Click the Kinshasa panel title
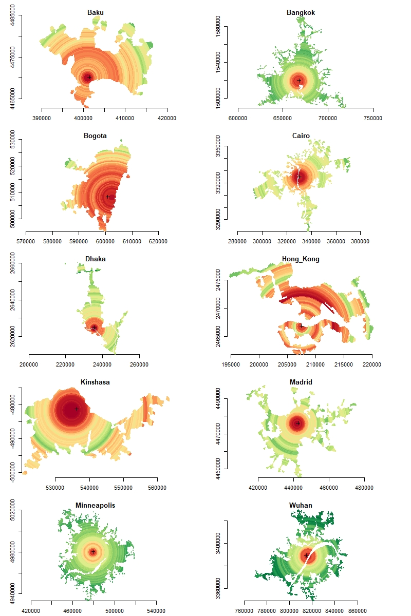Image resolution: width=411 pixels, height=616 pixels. click(x=95, y=382)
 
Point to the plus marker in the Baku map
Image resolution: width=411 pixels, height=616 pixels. click(x=89, y=78)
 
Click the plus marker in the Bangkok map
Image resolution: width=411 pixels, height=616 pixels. click(x=299, y=81)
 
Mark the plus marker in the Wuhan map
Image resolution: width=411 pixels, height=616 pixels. click(x=307, y=555)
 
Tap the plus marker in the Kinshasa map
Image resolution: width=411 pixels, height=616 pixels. click(x=77, y=409)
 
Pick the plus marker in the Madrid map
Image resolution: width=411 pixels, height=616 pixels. click(x=298, y=423)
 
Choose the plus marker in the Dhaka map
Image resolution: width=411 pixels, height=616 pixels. click(x=94, y=328)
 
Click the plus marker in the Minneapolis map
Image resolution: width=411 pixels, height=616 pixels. click(x=93, y=552)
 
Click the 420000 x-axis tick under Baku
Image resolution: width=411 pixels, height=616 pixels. click(x=166, y=108)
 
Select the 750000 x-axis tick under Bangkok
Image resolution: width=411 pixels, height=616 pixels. click(x=372, y=108)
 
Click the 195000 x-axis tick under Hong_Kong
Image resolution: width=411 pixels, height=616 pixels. click(x=231, y=355)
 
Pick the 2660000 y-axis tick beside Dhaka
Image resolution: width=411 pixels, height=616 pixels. click(x=21, y=264)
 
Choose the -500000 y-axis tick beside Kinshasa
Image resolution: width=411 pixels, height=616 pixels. click(x=21, y=472)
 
